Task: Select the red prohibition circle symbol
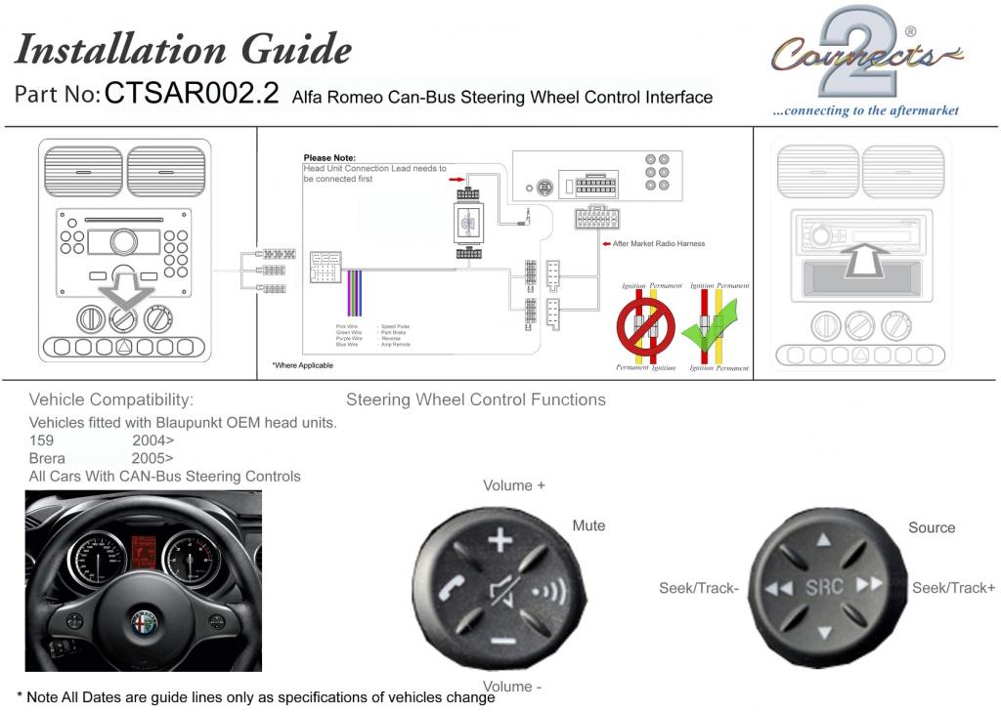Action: point(645,326)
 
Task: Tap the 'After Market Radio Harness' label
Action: point(659,243)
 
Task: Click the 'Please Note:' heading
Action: point(329,157)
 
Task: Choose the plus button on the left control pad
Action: point(500,539)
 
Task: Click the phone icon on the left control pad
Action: point(454,589)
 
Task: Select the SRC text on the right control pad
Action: point(824,587)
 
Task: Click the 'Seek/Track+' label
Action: point(953,587)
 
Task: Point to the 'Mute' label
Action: point(588,525)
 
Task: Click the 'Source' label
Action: point(931,527)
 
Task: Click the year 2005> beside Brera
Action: point(152,458)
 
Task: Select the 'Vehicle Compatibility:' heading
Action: point(111,399)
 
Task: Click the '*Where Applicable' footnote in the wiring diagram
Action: point(302,365)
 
